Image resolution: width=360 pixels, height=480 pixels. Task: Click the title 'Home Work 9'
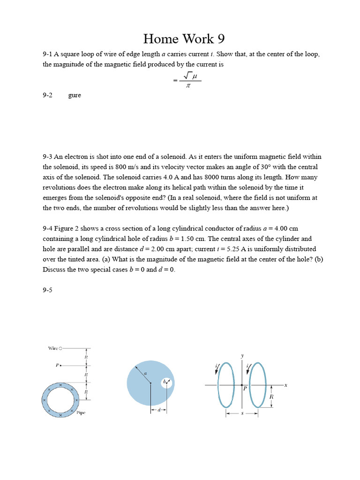pyautogui.click(x=180, y=38)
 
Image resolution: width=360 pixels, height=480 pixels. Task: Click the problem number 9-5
pyautogui.click(x=47, y=290)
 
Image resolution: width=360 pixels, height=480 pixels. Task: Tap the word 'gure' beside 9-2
pyautogui.click(x=75, y=95)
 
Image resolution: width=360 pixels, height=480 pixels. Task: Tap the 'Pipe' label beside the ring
pyautogui.click(x=81, y=413)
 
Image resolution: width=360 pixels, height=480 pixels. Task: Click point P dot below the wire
pyautogui.click(x=61, y=365)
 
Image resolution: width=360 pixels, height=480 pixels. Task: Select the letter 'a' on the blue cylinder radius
pyautogui.click(x=146, y=373)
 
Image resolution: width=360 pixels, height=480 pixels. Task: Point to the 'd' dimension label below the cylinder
pyautogui.click(x=159, y=410)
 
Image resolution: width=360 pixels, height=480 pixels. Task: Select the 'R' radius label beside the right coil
pyautogui.click(x=270, y=397)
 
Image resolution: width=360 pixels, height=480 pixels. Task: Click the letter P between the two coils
pyautogui.click(x=245, y=389)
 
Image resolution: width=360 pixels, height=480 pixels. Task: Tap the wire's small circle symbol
pyautogui.click(x=60, y=348)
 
